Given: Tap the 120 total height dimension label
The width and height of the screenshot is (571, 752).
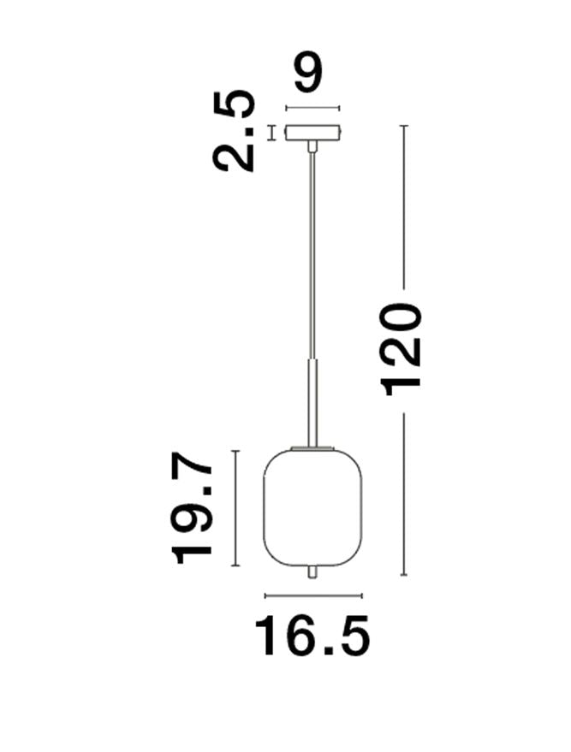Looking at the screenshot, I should [403, 348].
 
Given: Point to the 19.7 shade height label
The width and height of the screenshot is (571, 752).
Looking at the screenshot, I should [193, 510].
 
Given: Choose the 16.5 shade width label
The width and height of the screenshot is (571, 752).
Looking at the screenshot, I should [312, 636].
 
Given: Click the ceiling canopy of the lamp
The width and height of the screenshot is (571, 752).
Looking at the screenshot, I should [312, 133].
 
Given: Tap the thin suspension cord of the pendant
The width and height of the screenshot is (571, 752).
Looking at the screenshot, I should [312, 257].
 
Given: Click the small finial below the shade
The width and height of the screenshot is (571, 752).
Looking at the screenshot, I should [312, 571].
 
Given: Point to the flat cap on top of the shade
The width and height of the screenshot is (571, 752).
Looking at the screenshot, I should [312, 447].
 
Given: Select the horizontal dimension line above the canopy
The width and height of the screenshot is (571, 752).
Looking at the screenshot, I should [312, 108].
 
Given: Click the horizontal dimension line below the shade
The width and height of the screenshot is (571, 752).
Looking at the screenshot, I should [313, 595].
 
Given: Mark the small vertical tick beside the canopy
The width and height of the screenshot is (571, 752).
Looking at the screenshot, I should [272, 133].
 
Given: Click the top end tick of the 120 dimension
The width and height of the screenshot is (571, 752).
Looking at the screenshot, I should [404, 126].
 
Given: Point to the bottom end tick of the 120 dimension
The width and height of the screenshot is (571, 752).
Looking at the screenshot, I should [404, 575].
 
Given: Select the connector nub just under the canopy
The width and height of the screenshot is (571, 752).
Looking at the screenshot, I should [312, 147].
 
